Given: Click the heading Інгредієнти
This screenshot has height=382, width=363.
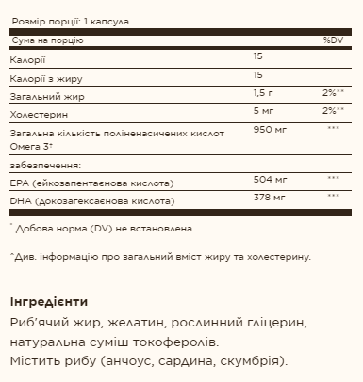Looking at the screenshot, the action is (x=48, y=302).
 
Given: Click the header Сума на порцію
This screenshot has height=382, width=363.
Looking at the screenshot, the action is (x=48, y=41).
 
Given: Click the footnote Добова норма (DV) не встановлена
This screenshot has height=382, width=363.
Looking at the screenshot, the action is (x=105, y=228).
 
